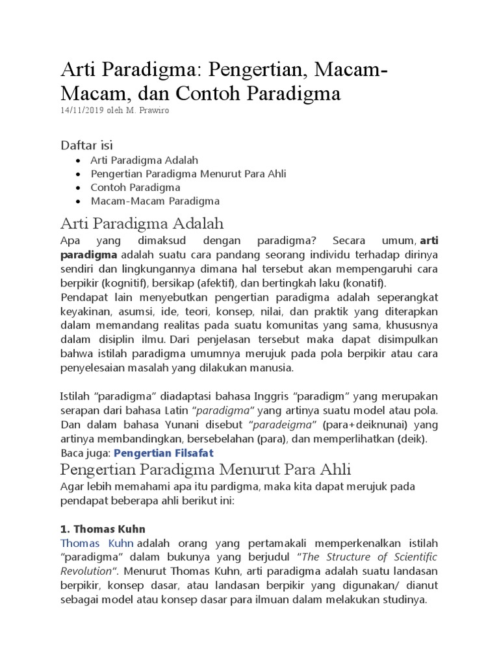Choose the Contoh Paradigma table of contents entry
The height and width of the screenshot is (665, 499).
tap(136, 187)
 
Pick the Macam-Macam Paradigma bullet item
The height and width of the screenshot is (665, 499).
tap(155, 201)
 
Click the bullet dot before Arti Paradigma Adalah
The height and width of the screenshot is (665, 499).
tap(79, 160)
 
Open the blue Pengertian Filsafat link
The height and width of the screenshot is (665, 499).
tap(164, 452)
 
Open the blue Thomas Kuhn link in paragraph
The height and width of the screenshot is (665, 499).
tap(97, 544)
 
